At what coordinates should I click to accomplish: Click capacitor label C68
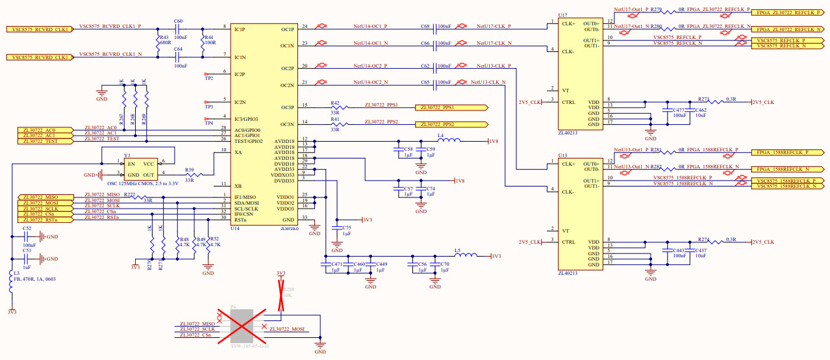point(425,27)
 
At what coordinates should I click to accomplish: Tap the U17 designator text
point(562,14)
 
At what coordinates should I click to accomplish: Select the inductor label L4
point(440,135)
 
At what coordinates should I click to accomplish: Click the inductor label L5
point(457,250)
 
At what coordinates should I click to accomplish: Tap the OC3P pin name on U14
point(287,107)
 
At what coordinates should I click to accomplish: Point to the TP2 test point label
point(209,79)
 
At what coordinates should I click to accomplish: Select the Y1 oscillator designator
point(127,156)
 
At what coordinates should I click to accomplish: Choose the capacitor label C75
point(346,228)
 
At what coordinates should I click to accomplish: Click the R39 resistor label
point(189,170)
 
